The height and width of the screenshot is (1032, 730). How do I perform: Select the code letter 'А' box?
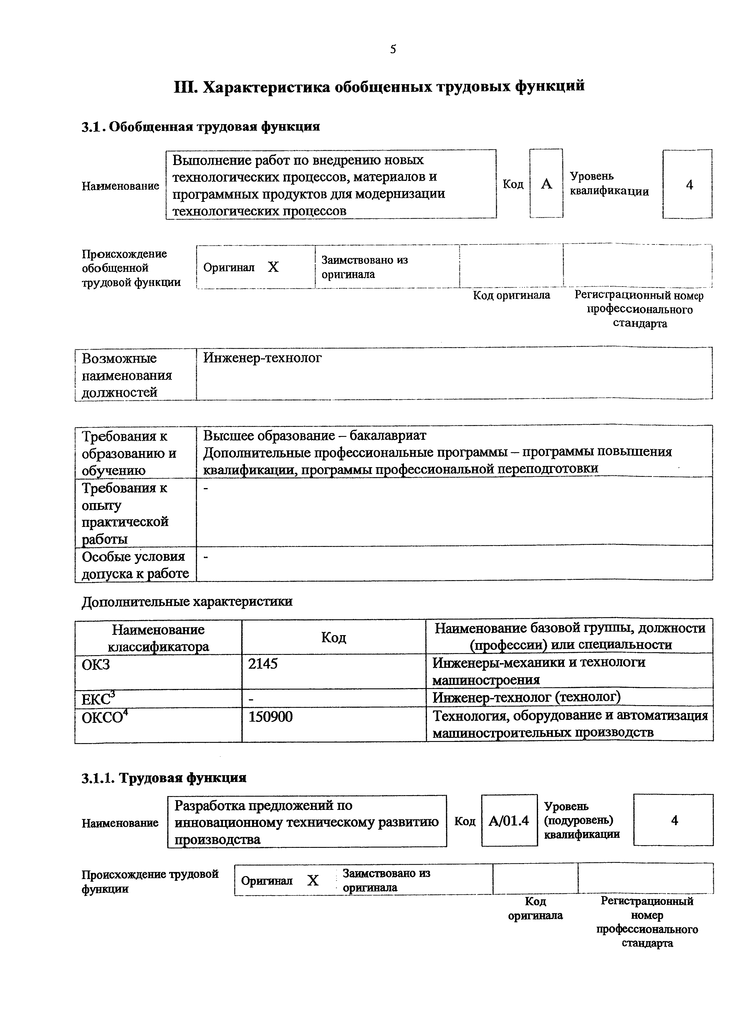[546, 184]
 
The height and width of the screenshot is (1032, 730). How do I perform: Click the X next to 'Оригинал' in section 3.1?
[273, 267]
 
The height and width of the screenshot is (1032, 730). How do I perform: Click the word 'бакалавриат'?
[388, 436]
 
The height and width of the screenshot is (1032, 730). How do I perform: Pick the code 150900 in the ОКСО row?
[270, 716]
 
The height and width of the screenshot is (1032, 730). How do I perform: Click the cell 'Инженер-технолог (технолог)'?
[526, 698]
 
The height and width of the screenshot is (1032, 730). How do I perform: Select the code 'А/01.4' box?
[509, 821]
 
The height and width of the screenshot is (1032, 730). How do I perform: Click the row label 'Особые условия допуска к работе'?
[135, 565]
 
